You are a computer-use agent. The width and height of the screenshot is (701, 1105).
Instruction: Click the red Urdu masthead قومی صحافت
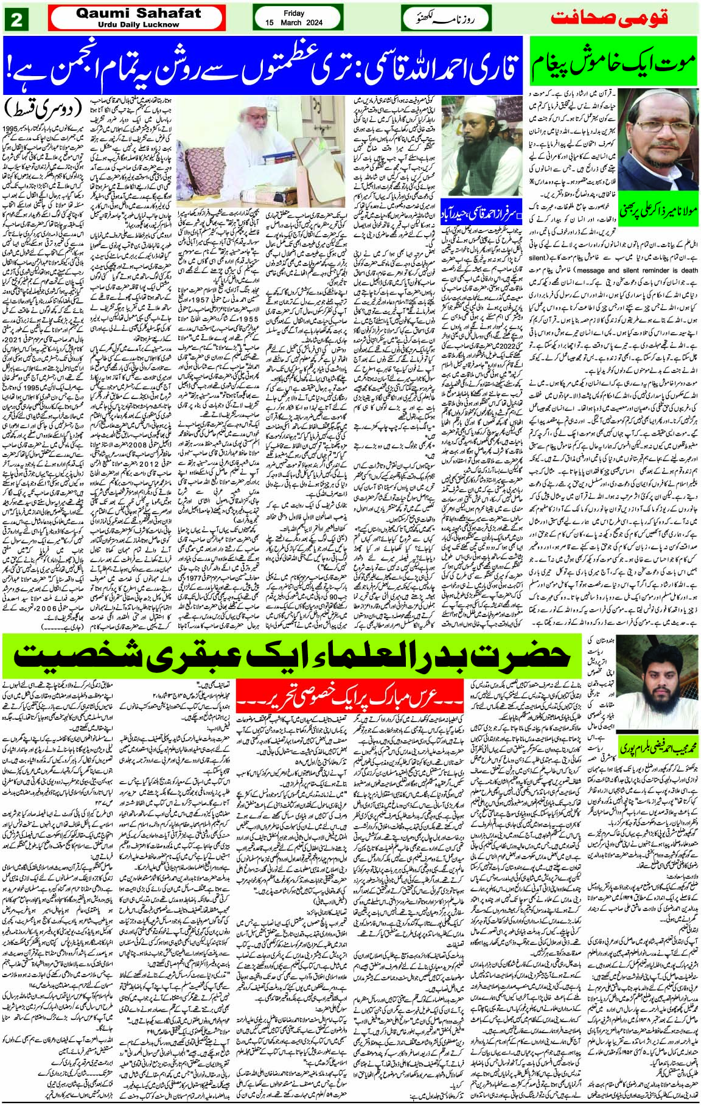tap(609, 17)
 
